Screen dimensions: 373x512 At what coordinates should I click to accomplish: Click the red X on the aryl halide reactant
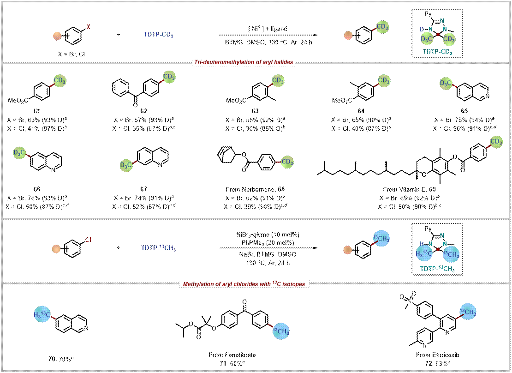pyautogui.click(x=89, y=27)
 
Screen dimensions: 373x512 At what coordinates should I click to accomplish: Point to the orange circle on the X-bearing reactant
pyautogui.click(x=58, y=35)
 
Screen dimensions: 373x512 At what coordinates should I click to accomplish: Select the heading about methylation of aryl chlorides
pyautogui.click(x=244, y=283)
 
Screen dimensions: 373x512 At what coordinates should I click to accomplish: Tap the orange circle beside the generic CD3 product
pyautogui.click(x=347, y=35)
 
